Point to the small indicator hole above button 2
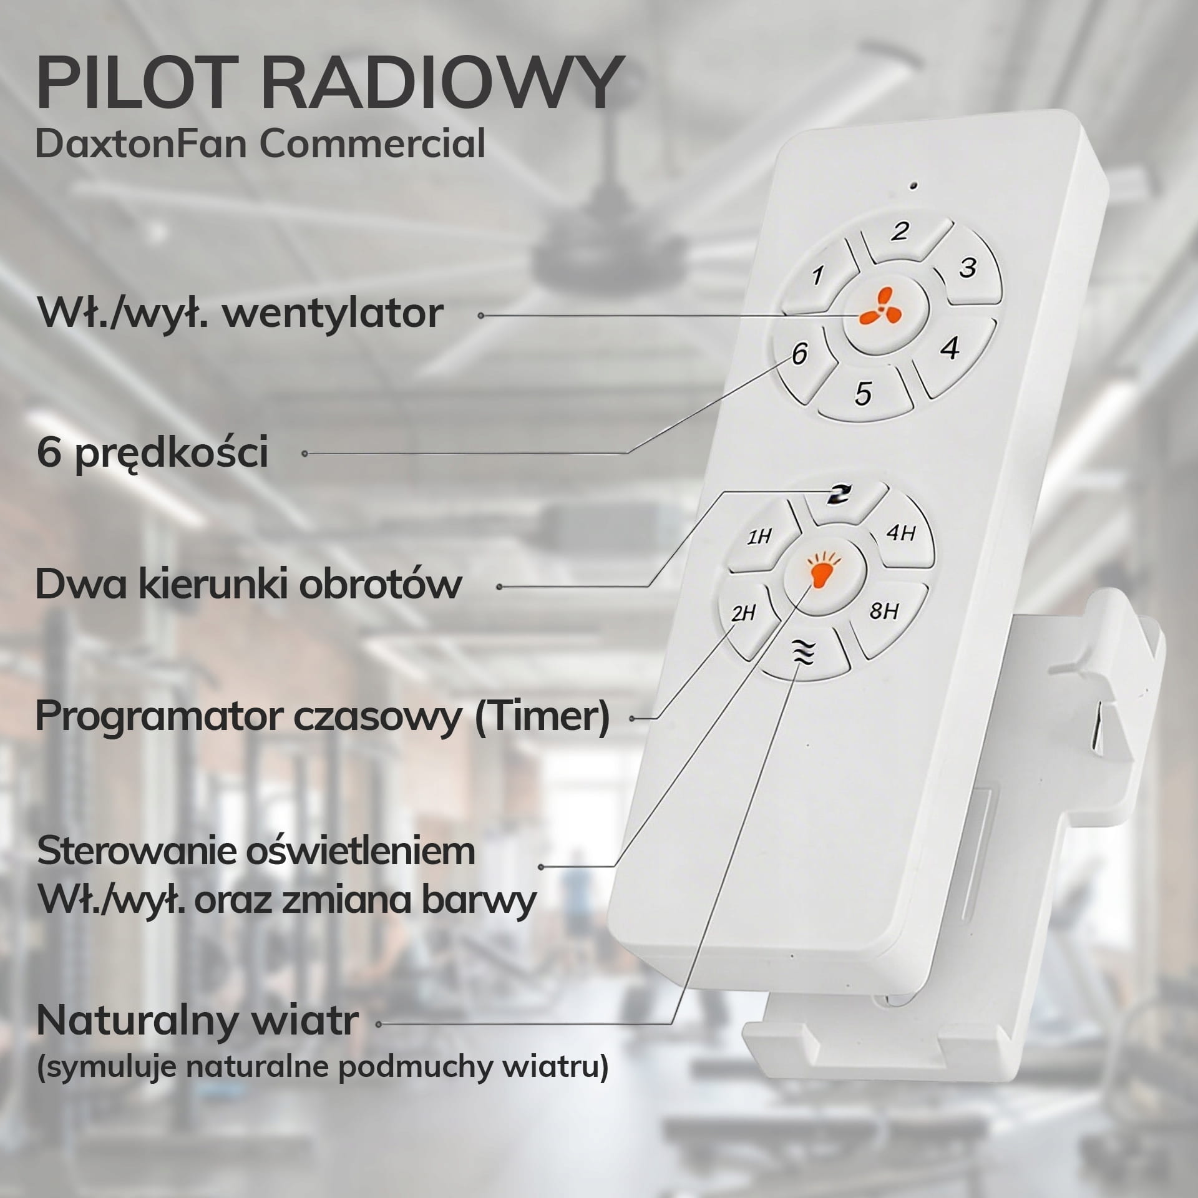[914, 185]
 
